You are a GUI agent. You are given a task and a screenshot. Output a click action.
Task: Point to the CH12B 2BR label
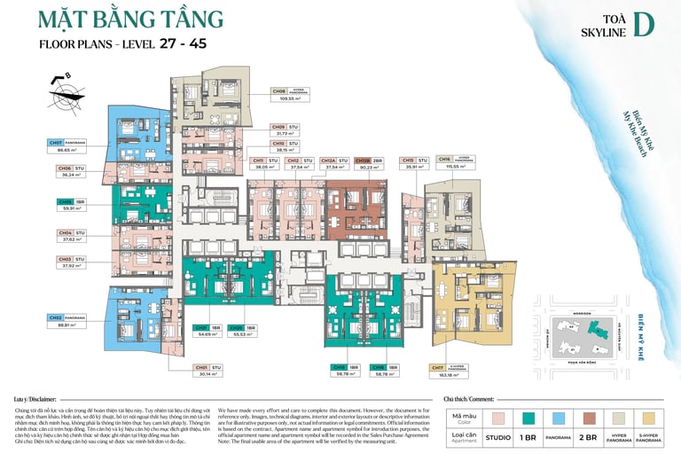368,160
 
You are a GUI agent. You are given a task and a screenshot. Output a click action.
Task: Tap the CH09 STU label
287,127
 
